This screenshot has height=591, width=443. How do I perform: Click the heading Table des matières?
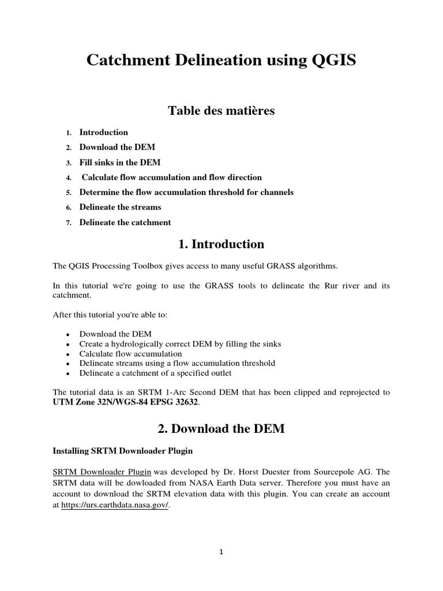click(x=221, y=110)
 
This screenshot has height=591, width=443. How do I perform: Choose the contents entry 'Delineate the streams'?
click(x=120, y=207)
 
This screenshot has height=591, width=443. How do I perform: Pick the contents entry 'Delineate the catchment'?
click(x=125, y=222)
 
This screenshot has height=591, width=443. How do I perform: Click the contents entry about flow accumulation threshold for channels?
click(x=186, y=192)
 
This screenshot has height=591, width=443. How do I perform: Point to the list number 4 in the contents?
click(x=68, y=178)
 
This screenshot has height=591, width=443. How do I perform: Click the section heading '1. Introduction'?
click(x=221, y=244)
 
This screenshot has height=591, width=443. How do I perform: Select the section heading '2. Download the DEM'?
click(x=221, y=429)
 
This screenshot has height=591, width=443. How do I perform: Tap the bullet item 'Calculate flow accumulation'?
click(x=130, y=353)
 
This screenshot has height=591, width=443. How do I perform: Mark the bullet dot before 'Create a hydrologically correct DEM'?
click(x=68, y=344)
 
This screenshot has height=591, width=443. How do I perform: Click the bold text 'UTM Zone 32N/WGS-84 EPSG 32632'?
click(x=125, y=402)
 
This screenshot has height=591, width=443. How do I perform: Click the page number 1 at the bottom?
click(x=221, y=552)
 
